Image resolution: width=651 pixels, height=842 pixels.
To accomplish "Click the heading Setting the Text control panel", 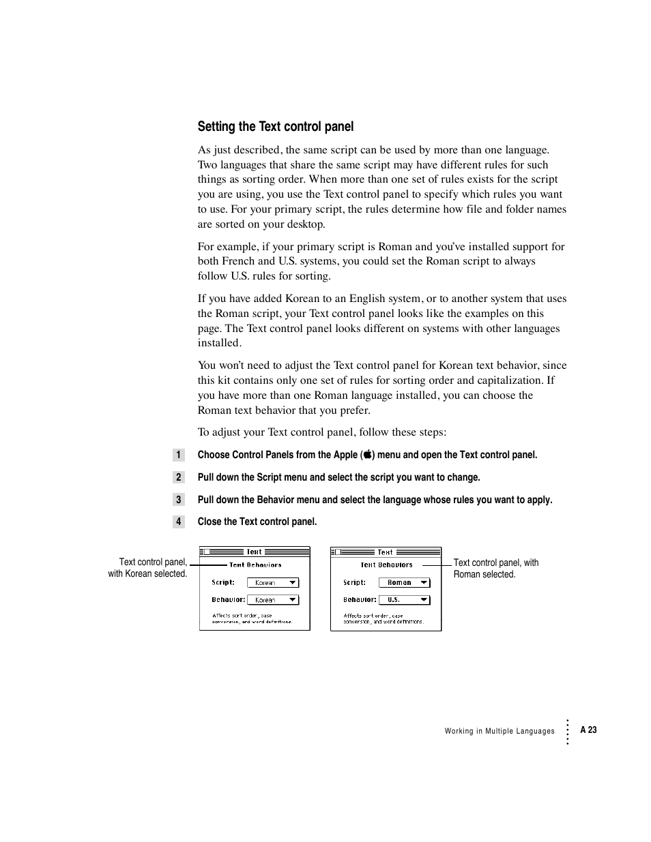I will [x=276, y=126].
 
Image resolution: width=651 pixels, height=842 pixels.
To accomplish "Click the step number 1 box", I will [x=178, y=455].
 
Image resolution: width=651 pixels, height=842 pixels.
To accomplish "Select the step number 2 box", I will [x=178, y=477].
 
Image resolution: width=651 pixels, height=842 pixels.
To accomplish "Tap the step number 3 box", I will [x=178, y=500].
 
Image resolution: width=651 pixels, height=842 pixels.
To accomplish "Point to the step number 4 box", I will [x=178, y=522].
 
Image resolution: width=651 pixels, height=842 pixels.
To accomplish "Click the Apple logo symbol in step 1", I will [x=368, y=455].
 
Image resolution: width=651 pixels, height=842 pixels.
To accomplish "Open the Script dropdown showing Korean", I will [x=273, y=583].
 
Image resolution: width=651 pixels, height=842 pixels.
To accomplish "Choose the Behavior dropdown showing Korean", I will [x=273, y=600].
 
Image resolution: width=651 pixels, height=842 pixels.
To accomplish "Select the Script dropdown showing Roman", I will [x=404, y=583].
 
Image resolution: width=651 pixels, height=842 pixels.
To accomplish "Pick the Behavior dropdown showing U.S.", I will [x=404, y=600].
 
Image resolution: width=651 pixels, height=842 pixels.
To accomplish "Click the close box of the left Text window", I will [x=207, y=552].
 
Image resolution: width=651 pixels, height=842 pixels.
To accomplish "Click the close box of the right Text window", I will [x=338, y=552].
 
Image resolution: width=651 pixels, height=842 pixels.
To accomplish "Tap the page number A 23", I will [x=588, y=730].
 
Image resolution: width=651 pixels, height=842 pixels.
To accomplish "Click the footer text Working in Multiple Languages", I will [x=500, y=731].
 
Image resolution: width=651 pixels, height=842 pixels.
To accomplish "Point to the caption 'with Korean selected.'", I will [x=147, y=574].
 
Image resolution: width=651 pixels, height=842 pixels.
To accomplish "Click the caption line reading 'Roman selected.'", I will [x=484, y=575].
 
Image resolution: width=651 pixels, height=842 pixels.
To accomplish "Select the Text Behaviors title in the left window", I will [x=255, y=565].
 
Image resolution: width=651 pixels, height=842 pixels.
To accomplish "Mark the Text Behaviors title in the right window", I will [x=386, y=565].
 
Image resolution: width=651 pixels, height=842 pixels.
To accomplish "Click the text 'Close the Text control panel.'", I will [x=257, y=522].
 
